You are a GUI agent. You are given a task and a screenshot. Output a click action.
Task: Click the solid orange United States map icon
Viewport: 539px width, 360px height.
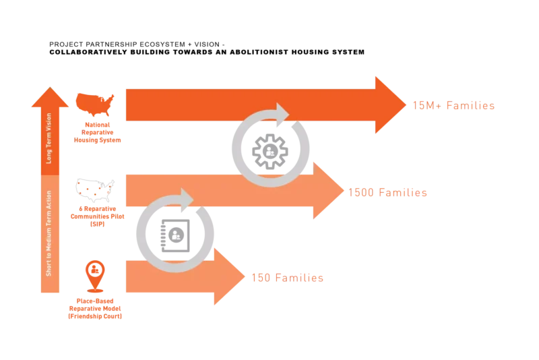[x=95, y=104]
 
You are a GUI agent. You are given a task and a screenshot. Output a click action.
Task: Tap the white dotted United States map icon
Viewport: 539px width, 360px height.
[x=95, y=190]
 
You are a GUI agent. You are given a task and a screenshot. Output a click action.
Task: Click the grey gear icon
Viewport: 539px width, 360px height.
[x=270, y=151]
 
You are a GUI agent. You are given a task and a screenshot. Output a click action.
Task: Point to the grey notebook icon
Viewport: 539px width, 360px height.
[x=175, y=235]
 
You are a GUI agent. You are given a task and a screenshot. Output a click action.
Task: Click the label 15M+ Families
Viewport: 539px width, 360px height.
[x=453, y=106]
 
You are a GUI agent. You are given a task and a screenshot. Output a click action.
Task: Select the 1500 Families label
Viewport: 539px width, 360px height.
[x=388, y=193]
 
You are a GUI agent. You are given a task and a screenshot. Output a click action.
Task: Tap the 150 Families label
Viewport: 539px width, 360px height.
[x=288, y=278]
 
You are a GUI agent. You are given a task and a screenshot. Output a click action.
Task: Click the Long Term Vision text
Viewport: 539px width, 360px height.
[x=49, y=138]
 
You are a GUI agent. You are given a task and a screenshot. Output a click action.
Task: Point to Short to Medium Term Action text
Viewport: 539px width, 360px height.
[x=49, y=233]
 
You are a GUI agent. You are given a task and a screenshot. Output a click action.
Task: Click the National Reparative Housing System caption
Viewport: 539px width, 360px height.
[x=97, y=132]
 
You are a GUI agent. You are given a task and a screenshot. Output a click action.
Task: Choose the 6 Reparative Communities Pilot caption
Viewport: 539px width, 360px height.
[x=97, y=216]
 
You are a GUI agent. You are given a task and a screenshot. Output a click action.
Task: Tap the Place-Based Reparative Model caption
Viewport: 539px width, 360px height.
[x=95, y=308]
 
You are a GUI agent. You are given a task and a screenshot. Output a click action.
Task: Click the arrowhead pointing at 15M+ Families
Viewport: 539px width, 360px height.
[x=391, y=105]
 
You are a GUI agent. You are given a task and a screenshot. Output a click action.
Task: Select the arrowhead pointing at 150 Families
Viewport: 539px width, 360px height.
[x=229, y=276]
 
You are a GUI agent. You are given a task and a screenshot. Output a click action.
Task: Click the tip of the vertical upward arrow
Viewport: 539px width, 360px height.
[x=50, y=87]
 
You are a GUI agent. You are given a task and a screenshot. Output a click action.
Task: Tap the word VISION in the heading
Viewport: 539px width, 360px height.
[x=207, y=44]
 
